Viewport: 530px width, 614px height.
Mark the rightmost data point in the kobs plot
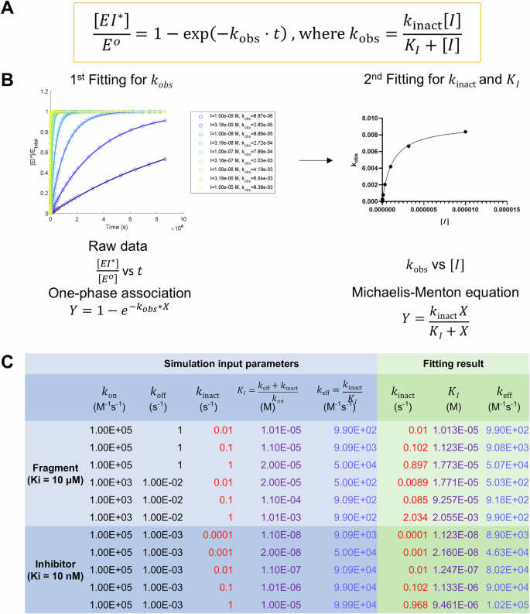(465, 132)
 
